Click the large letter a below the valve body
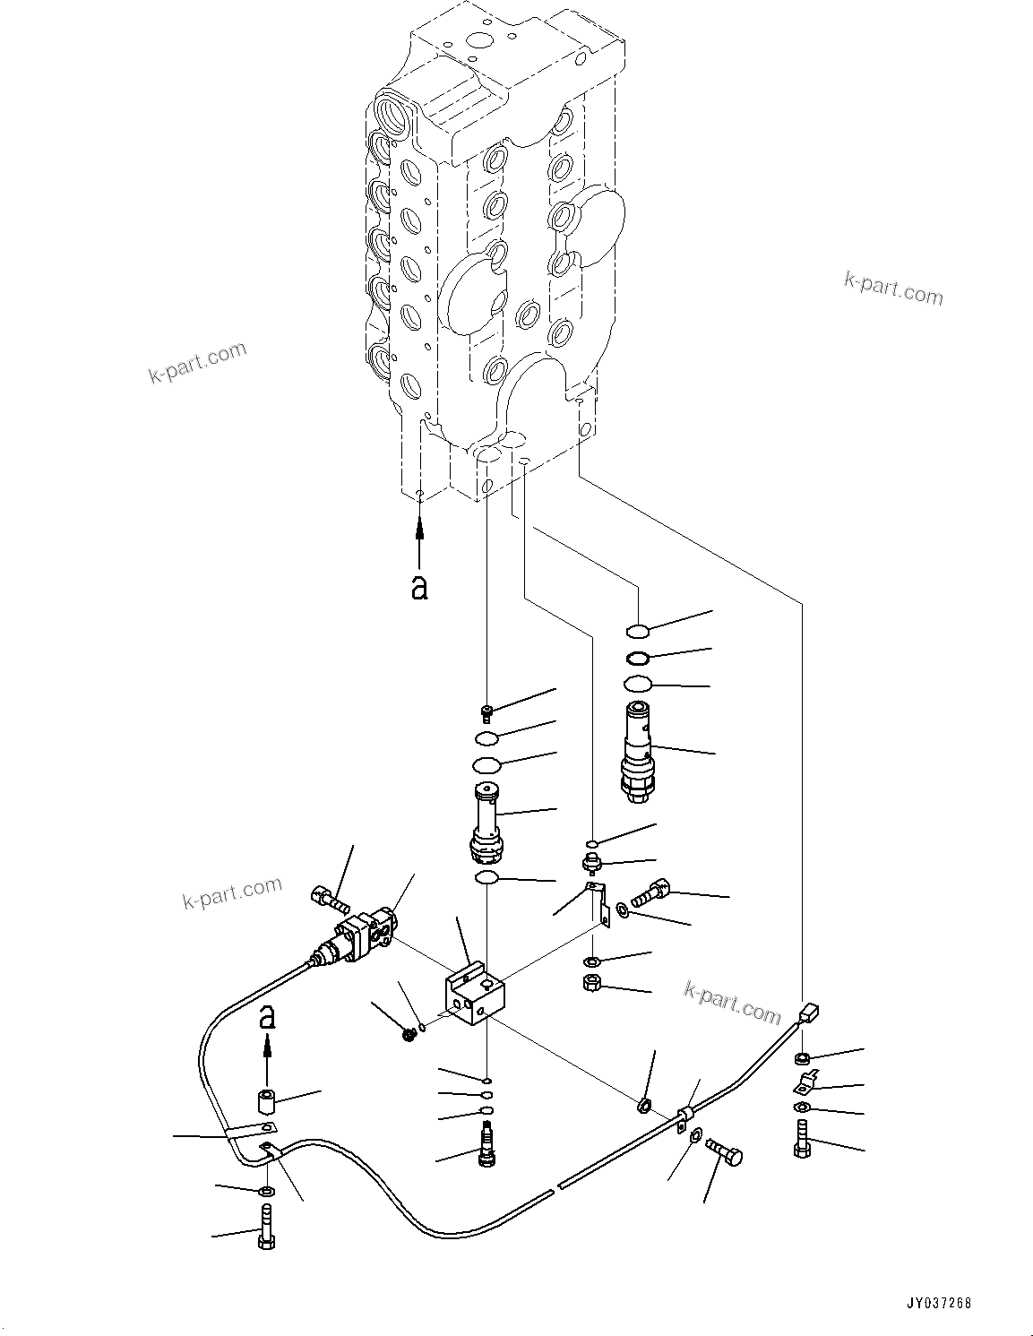click(418, 587)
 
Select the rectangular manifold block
click(474, 994)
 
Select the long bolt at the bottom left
click(266, 1228)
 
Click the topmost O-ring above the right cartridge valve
click(638, 630)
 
